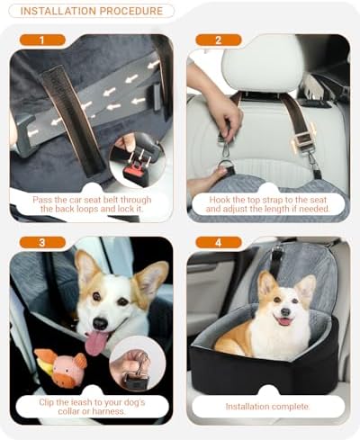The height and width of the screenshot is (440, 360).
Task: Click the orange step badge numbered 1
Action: tap(42, 40)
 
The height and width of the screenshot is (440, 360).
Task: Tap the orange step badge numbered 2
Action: tap(219, 40)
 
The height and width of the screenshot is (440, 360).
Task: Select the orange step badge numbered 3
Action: tap(42, 242)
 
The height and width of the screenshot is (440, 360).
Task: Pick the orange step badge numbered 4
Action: tap(219, 242)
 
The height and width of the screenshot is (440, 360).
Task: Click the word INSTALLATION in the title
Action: tap(58, 11)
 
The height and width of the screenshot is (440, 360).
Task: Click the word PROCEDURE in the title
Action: tap(131, 11)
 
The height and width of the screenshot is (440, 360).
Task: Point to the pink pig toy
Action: tap(61, 368)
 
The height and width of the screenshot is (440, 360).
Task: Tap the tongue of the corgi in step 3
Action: tap(95, 343)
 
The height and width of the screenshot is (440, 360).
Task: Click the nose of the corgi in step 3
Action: tap(100, 323)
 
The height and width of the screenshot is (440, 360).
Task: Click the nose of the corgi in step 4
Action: tap(285, 312)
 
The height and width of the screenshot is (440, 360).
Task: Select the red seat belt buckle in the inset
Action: tap(133, 170)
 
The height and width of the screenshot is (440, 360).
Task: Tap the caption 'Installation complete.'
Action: tap(267, 407)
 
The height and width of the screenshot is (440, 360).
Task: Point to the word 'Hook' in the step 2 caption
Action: tap(220, 200)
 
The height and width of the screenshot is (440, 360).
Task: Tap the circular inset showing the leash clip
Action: tap(138, 364)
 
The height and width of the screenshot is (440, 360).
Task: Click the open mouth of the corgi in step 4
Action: tap(284, 321)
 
